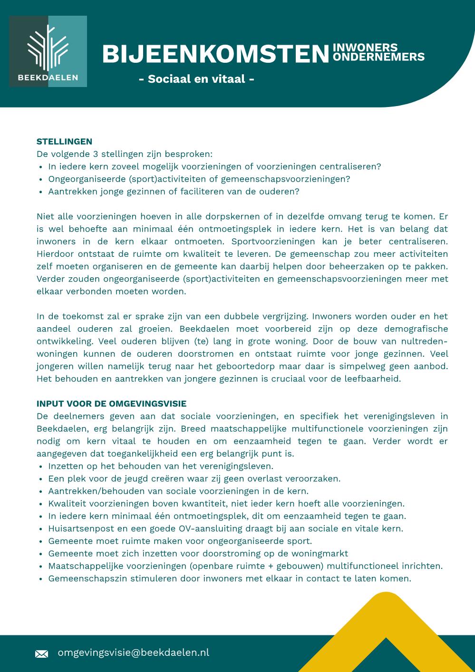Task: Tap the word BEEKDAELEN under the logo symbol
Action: pyautogui.click(x=48, y=78)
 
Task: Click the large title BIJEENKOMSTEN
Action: pyautogui.click(x=215, y=54)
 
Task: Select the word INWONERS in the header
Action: pyautogui.click(x=365, y=48)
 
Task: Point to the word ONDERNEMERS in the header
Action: pyautogui.click(x=378, y=57)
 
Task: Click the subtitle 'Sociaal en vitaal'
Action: pyautogui.click(x=196, y=79)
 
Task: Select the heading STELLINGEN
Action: pyautogui.click(x=64, y=141)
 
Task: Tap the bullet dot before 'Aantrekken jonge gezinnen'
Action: pyautogui.click(x=41, y=192)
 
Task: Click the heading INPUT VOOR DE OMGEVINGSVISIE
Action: pyautogui.click(x=111, y=404)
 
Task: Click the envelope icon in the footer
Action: pyautogui.click(x=42, y=654)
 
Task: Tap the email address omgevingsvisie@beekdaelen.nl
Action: pyautogui.click(x=133, y=653)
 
